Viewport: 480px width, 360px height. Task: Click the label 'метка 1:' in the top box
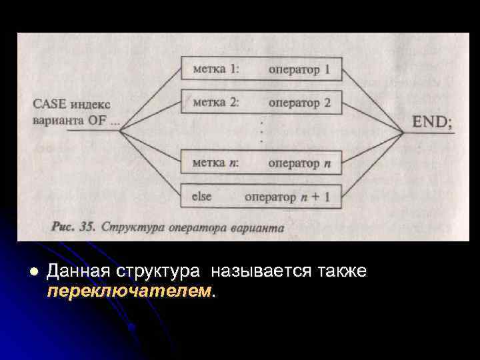216,69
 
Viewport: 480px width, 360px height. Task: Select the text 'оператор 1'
299,69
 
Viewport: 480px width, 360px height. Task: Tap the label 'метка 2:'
216,103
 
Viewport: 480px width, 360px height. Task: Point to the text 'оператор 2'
299,103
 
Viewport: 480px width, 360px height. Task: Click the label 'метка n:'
215,163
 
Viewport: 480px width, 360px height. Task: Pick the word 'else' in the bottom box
201,197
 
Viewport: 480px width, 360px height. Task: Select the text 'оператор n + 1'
287,197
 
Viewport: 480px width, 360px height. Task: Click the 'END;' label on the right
432,123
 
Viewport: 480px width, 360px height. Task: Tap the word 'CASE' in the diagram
50,104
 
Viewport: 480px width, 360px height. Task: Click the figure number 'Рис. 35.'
73,227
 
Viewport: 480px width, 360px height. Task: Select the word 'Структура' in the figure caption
128,227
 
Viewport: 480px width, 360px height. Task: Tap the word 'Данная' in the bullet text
79,272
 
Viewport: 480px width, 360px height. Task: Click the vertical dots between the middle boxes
261,132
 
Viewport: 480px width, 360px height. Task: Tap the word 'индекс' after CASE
91,104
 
